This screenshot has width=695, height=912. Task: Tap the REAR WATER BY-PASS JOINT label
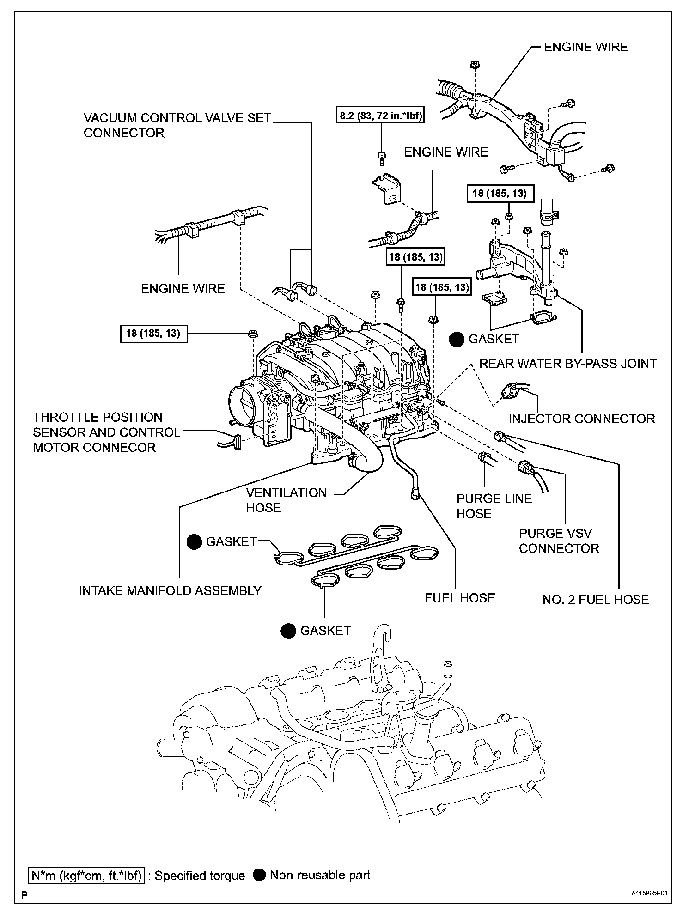click(567, 364)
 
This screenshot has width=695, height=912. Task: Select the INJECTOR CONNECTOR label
click(581, 419)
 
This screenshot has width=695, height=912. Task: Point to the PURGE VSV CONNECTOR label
click(559, 541)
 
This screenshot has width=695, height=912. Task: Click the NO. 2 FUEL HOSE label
click(595, 600)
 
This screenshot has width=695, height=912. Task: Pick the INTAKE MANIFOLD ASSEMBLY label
click(170, 590)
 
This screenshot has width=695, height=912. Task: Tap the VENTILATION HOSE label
click(286, 500)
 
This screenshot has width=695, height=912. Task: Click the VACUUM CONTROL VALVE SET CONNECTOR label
click(177, 125)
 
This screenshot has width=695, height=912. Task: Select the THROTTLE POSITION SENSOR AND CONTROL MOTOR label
click(106, 432)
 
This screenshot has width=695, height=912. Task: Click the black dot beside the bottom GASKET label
click(288, 631)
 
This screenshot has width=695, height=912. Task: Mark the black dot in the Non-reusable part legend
click(260, 875)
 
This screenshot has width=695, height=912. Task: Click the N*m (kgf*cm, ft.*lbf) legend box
click(86, 876)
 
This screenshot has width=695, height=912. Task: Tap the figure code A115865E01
click(650, 894)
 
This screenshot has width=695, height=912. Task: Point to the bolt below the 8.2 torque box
click(382, 158)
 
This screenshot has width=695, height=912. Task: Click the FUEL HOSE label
click(459, 598)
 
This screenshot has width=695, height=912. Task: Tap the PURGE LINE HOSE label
click(494, 506)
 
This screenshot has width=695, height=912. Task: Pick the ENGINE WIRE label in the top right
click(585, 47)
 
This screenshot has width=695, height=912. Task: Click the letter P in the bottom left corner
click(24, 895)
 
